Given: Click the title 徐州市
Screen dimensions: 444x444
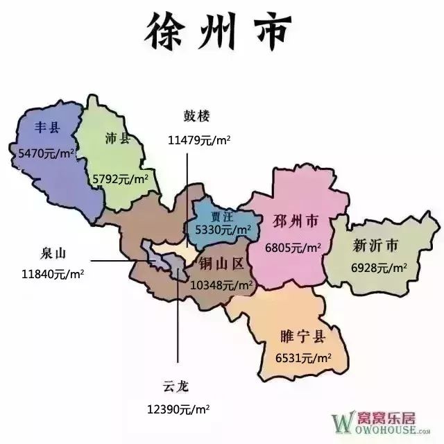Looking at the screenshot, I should [221, 30].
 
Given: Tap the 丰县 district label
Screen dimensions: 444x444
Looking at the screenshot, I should [49, 128].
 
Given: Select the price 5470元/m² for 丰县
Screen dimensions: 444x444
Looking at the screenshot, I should [43, 151].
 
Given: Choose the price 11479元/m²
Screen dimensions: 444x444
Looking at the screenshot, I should [199, 139].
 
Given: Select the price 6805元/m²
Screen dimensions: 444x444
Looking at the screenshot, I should [293, 247].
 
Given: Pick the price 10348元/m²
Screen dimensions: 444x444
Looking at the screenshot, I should [221, 284].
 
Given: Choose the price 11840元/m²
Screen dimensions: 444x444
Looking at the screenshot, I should [53, 274].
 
